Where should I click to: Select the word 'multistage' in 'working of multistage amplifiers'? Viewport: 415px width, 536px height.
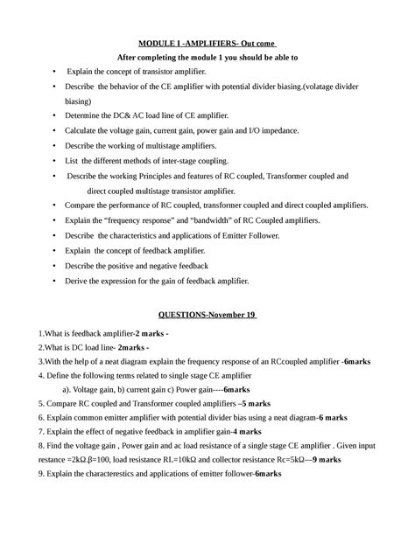[x=166, y=145]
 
